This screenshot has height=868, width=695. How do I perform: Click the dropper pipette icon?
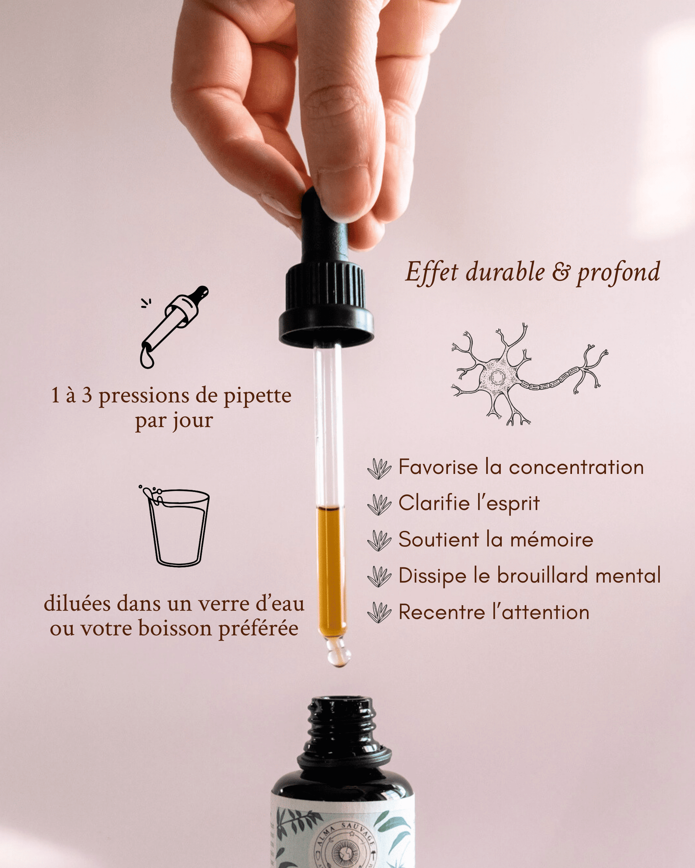tap(174, 326)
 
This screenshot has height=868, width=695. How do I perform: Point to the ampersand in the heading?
tap(561, 273)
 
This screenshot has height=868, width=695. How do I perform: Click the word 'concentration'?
tap(576, 467)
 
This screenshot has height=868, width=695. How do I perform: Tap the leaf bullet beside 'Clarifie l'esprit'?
tap(379, 504)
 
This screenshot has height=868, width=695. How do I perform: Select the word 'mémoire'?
tap(551, 539)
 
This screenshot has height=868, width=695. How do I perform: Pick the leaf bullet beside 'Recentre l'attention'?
tap(379, 612)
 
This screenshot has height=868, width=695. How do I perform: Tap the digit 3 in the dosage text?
tap(87, 395)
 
